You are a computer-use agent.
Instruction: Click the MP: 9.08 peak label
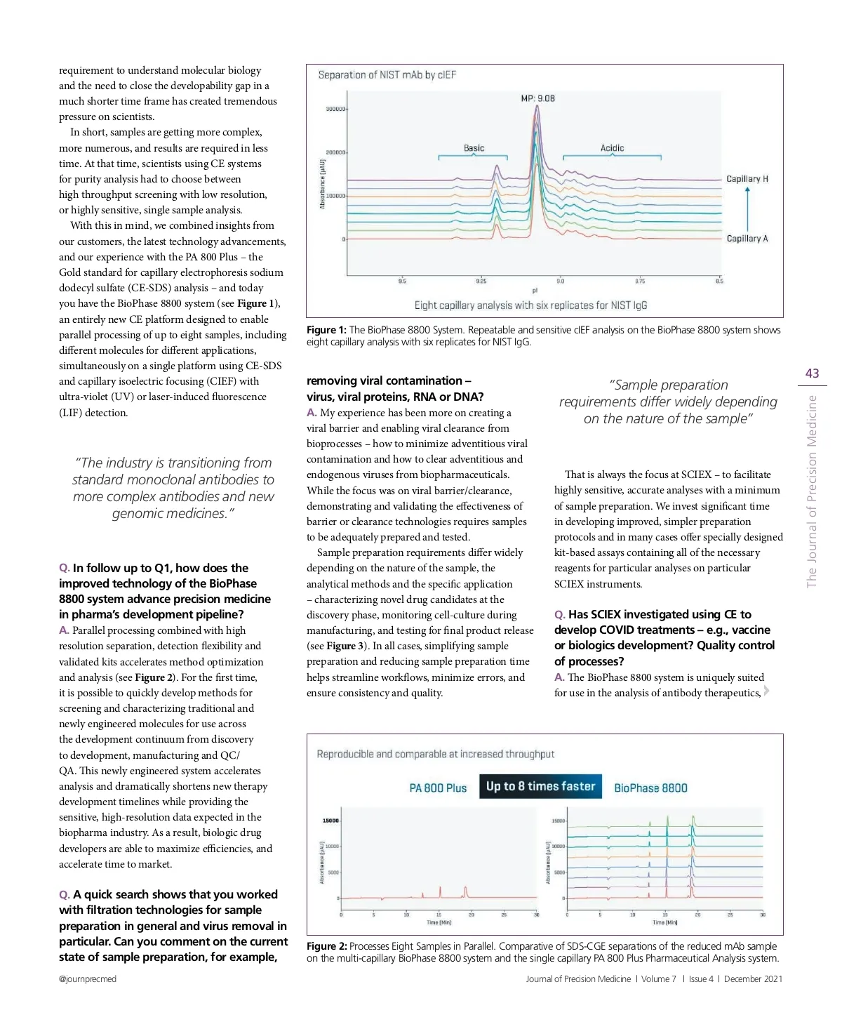[x=537, y=98]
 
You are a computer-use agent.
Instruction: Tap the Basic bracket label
[x=474, y=148]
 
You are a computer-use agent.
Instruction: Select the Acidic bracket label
[x=612, y=148]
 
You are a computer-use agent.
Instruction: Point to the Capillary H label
[x=747, y=179]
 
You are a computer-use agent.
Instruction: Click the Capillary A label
[x=747, y=239]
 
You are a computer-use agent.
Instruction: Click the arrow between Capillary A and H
[x=747, y=208]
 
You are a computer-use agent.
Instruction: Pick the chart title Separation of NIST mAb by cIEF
[x=387, y=75]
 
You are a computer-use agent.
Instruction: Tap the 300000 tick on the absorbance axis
[x=335, y=110]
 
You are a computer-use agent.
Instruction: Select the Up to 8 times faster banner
[x=540, y=787]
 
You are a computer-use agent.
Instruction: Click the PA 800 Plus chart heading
[x=438, y=788]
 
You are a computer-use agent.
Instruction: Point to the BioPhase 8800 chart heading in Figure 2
[x=650, y=788]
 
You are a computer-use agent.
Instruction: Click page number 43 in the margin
[x=812, y=373]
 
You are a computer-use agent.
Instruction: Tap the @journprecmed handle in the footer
[x=88, y=979]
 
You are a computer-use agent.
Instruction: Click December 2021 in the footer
[x=753, y=979]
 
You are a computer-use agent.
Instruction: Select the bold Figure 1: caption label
[x=326, y=330]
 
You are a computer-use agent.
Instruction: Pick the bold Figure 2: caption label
[x=326, y=946]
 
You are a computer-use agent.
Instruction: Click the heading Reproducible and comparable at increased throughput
[x=435, y=755]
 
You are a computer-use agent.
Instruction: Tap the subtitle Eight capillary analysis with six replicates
[x=530, y=305]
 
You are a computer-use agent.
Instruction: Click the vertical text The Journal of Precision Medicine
[x=812, y=491]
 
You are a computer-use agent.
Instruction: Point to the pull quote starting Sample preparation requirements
[x=668, y=402]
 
